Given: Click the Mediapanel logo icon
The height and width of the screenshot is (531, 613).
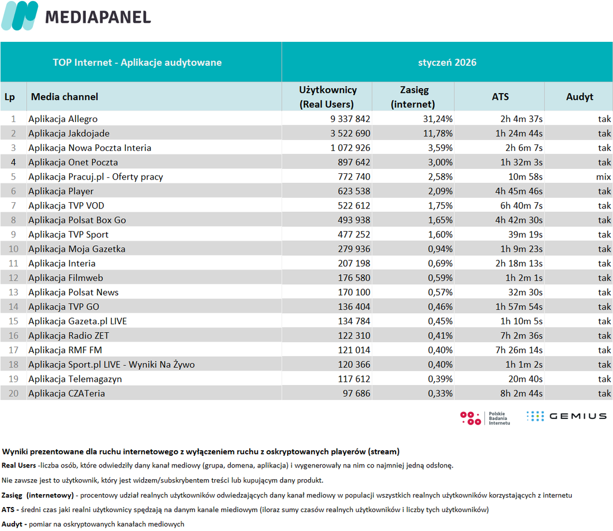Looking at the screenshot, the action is tap(20, 16).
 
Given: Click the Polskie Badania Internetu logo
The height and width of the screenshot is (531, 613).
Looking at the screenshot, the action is tap(485, 418).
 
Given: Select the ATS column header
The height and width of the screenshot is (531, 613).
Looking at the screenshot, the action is tap(500, 96).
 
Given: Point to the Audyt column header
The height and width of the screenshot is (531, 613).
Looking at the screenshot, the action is tap(580, 96).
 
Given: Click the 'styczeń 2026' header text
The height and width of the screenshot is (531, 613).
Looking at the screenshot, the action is tap(447, 62).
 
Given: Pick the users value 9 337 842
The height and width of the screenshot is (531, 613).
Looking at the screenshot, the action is tap(350, 119).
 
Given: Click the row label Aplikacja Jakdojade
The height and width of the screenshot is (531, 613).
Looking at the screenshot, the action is tap(69, 133).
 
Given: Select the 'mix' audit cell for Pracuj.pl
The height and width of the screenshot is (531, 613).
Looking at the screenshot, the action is tap(603, 177).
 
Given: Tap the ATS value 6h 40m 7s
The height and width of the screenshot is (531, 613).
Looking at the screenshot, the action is tap(521, 206).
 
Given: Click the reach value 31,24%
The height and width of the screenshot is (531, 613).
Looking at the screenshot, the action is tap(438, 119).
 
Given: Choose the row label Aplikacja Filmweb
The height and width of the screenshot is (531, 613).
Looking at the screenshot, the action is tap(66, 277).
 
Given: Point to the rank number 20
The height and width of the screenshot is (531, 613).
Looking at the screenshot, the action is tap(13, 393).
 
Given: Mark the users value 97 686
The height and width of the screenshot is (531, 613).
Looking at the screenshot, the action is tap(356, 393).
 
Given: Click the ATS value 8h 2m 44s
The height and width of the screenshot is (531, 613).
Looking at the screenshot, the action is tap(521, 393).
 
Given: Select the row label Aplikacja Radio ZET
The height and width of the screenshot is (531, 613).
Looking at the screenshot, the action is tap(69, 335).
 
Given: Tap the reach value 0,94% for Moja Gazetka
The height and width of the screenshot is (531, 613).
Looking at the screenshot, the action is tap(440, 249).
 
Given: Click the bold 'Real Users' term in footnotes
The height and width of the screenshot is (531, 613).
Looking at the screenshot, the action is tap(19, 465).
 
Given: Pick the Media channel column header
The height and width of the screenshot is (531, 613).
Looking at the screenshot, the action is tap(65, 96).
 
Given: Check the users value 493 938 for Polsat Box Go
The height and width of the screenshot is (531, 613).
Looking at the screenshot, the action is tap(354, 220).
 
